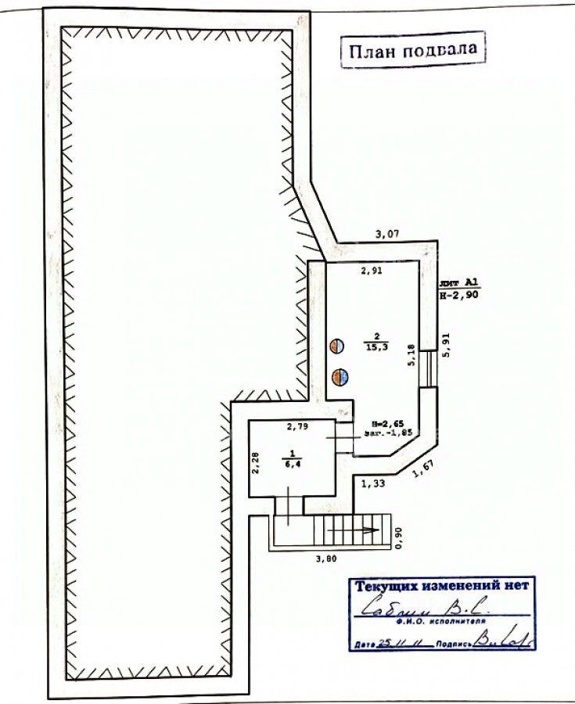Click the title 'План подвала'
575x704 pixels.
click(412, 51)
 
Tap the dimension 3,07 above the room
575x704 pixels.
click(389, 233)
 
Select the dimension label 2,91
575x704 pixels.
click(372, 271)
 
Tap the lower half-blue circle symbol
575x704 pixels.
click(340, 377)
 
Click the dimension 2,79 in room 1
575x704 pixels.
click(297, 426)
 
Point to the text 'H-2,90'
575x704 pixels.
click(456, 296)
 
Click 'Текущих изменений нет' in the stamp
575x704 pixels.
click(442, 585)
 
